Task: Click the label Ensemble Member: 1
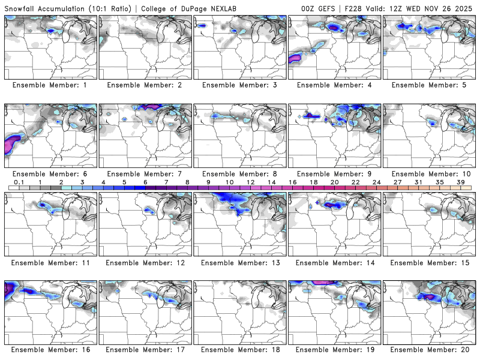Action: click(51, 85)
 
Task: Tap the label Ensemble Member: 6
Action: click(51, 173)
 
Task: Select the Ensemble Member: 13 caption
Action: click(240, 262)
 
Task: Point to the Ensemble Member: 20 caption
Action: click(430, 349)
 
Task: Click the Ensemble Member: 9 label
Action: click(335, 173)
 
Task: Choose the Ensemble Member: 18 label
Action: click(240, 349)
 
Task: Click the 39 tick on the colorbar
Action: click(461, 181)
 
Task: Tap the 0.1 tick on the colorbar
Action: click(19, 181)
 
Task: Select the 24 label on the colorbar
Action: click(377, 181)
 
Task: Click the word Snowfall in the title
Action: click(22, 8)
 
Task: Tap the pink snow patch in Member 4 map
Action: click(295, 58)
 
